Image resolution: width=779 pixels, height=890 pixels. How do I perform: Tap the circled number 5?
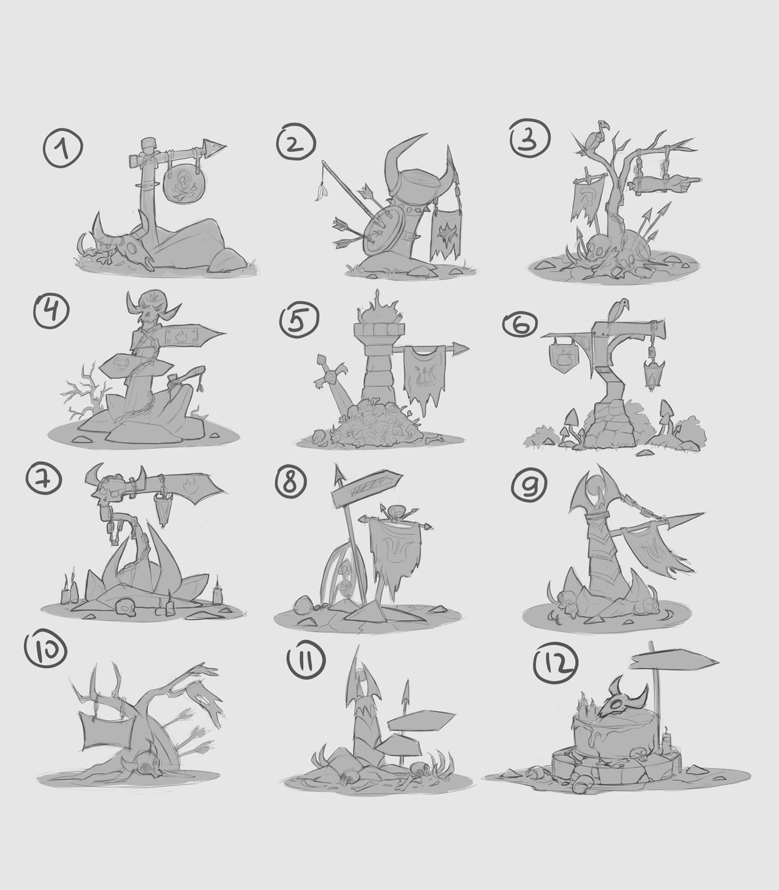click(x=299, y=323)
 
